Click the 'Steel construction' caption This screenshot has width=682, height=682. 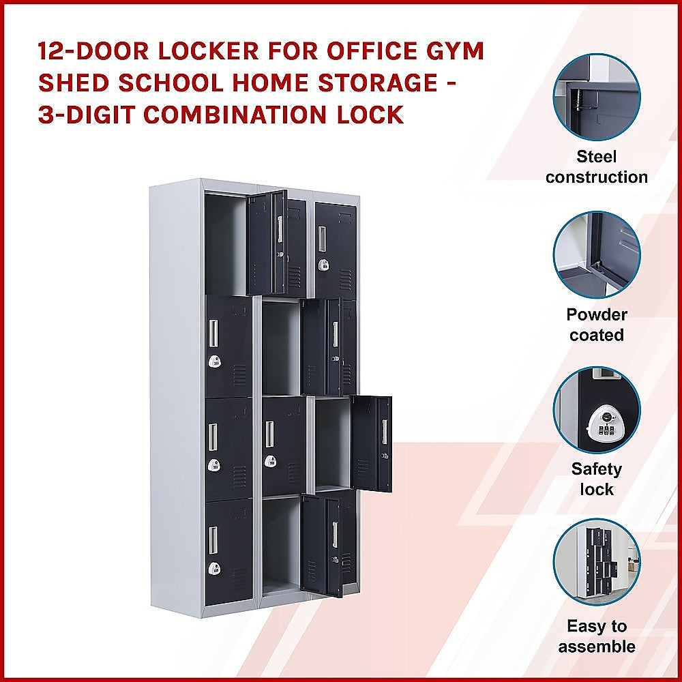click(x=597, y=167)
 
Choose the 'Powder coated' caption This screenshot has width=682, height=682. click(x=597, y=325)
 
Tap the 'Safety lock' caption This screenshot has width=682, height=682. click(x=597, y=479)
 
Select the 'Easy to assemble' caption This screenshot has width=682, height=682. click(x=597, y=636)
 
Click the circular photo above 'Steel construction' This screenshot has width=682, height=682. click(x=597, y=97)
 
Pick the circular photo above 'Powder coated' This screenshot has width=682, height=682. click(x=597, y=254)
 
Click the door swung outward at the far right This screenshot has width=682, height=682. click(x=372, y=443)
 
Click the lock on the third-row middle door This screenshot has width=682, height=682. click(x=271, y=462)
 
